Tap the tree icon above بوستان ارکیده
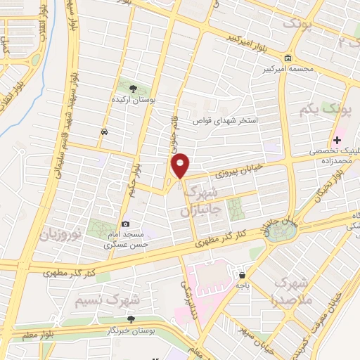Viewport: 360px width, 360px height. [134, 87]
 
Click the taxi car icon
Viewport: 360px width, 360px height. [104, 131]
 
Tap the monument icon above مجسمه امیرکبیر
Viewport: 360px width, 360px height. [288, 58]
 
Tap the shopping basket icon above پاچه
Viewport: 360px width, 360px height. [242, 276]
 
